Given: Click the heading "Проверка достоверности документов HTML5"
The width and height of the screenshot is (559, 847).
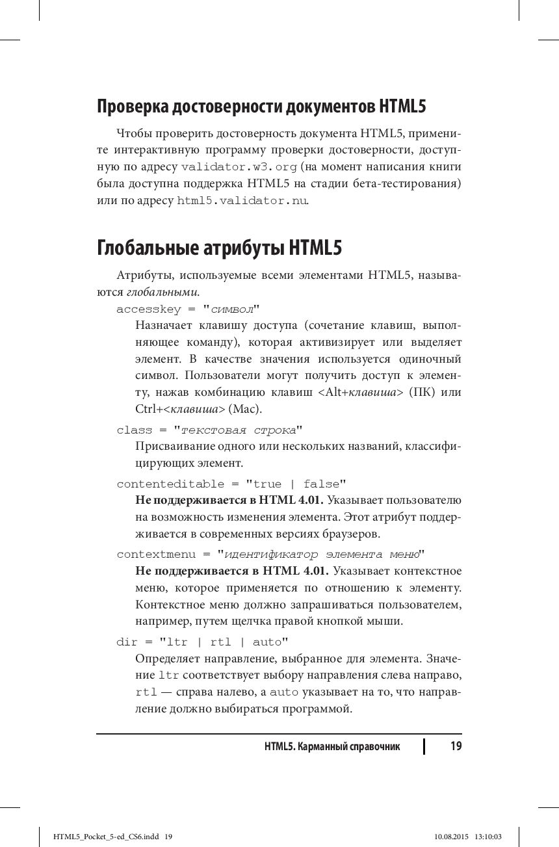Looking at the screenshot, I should tap(261, 106).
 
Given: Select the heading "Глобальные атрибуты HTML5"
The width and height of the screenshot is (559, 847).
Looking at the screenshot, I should tap(219, 248).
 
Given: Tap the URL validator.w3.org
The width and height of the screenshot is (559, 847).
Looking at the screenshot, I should tap(239, 167).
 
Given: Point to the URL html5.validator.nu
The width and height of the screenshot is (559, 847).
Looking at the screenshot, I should tap(242, 201).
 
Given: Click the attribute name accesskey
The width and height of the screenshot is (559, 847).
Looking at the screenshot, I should tap(149, 309).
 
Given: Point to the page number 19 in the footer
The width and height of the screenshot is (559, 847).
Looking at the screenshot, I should tap(456, 746).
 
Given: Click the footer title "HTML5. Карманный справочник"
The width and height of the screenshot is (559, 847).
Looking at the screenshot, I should tap(332, 746).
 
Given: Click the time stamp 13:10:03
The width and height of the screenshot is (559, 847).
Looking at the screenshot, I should tap(489, 837).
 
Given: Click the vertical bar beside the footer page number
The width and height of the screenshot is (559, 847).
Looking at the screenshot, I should tap(424, 746).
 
